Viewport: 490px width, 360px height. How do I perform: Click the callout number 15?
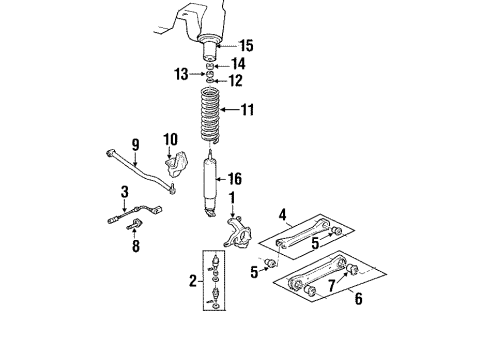click(245, 44)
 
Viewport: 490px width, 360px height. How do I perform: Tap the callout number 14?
click(239, 65)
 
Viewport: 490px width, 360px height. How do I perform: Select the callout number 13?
click(182, 74)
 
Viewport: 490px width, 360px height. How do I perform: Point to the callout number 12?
click(236, 81)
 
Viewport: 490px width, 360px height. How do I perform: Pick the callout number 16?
click(237, 180)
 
